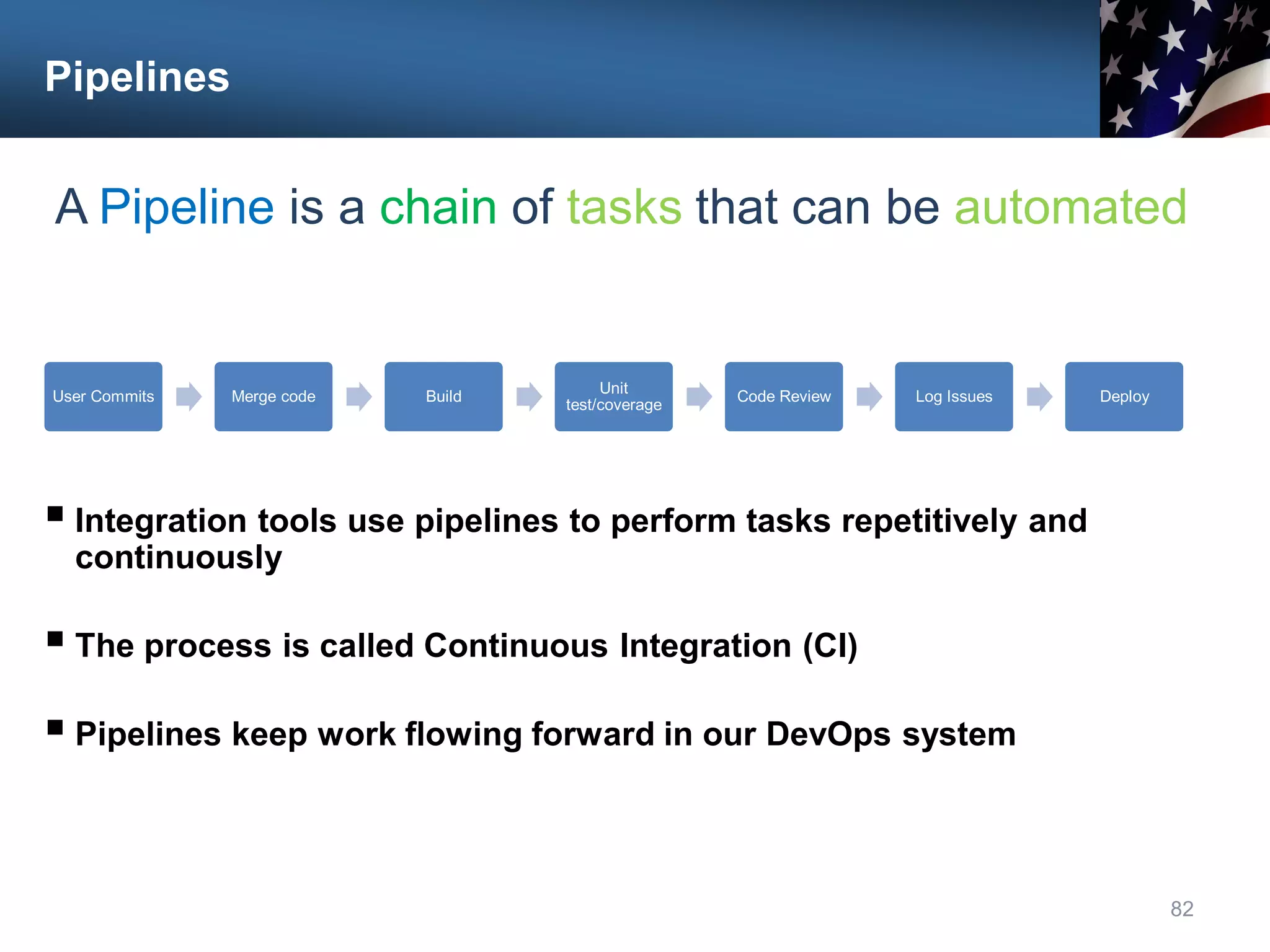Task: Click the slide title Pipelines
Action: (x=137, y=77)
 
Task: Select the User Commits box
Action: (x=104, y=397)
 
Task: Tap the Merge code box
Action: (x=273, y=397)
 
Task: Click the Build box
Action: (x=443, y=397)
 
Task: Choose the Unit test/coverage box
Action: (x=613, y=397)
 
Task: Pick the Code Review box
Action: (x=784, y=397)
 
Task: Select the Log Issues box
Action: (x=954, y=397)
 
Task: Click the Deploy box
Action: (x=1124, y=397)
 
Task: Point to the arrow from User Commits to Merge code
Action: (x=189, y=397)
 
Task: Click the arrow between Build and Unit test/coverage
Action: (x=529, y=397)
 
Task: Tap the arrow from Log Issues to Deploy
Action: (x=1039, y=397)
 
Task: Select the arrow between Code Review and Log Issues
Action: (x=869, y=397)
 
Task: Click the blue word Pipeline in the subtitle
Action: (x=187, y=207)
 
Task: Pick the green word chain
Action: (x=438, y=207)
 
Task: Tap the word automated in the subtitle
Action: (x=1070, y=207)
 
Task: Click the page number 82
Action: (x=1181, y=909)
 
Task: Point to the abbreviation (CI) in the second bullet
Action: (x=830, y=646)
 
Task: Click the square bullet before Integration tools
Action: (x=55, y=514)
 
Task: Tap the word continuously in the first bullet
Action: (x=179, y=558)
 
